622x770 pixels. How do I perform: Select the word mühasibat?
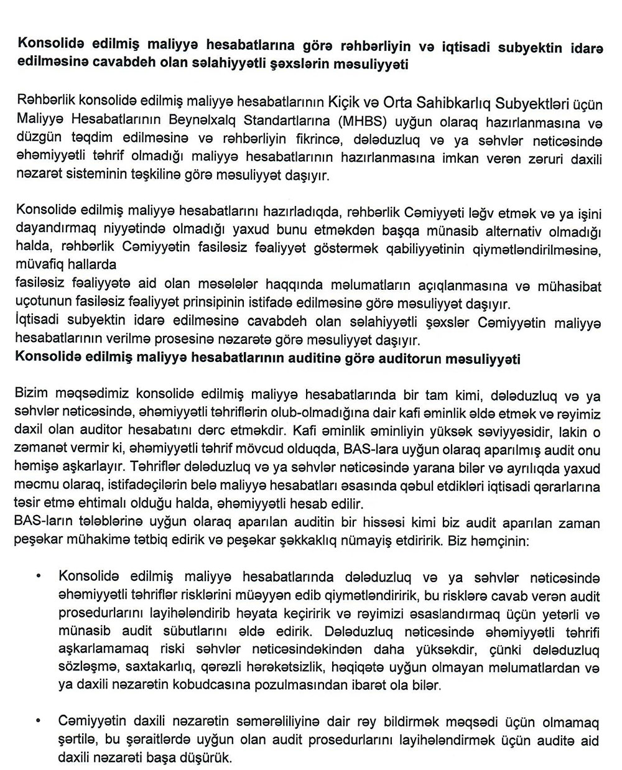pyautogui.click(x=573, y=287)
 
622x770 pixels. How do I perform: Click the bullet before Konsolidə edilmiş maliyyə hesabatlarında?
pyautogui.click(x=39, y=577)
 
